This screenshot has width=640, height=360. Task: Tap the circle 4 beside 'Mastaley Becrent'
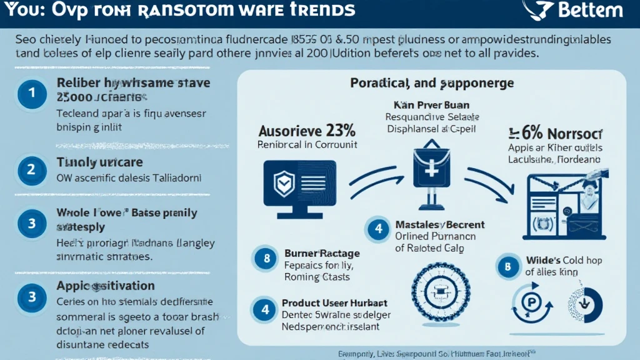coord(377,229)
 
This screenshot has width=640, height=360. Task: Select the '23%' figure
coord(339,131)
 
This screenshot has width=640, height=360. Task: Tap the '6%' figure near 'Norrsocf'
coord(523,133)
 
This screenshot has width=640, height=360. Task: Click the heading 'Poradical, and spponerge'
coord(432,82)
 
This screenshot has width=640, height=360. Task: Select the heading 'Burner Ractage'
coord(322,253)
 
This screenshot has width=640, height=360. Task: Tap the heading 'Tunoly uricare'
coord(100,162)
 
